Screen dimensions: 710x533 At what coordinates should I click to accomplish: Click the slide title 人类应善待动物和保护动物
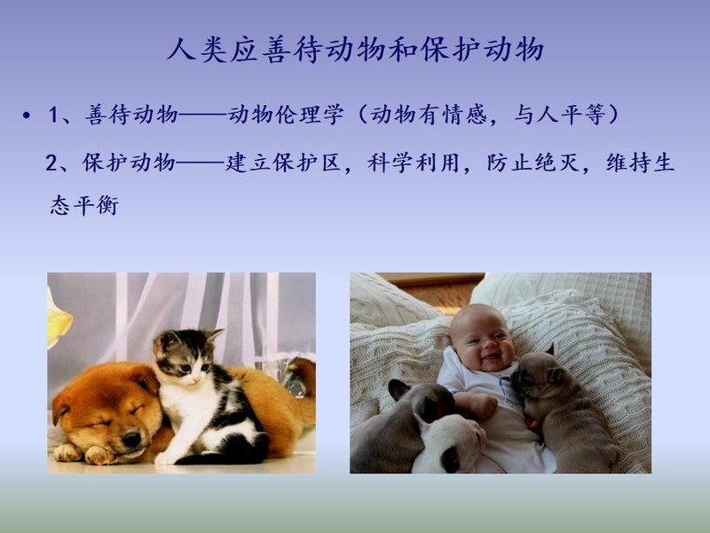click(x=356, y=50)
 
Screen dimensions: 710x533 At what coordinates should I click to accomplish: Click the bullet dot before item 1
click(x=27, y=115)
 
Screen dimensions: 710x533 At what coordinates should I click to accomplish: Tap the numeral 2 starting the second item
click(x=51, y=163)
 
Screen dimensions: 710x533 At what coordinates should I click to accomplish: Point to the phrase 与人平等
click(x=560, y=115)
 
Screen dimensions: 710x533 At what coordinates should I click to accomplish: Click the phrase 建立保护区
click(x=283, y=163)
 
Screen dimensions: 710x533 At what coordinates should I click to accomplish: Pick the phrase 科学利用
click(x=414, y=163)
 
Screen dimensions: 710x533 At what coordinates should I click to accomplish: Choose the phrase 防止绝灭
click(x=533, y=163)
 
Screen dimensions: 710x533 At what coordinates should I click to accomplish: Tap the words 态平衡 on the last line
click(x=84, y=205)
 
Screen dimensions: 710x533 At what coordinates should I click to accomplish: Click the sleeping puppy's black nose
click(x=131, y=439)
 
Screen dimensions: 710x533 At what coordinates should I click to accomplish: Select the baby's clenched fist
click(x=484, y=405)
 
